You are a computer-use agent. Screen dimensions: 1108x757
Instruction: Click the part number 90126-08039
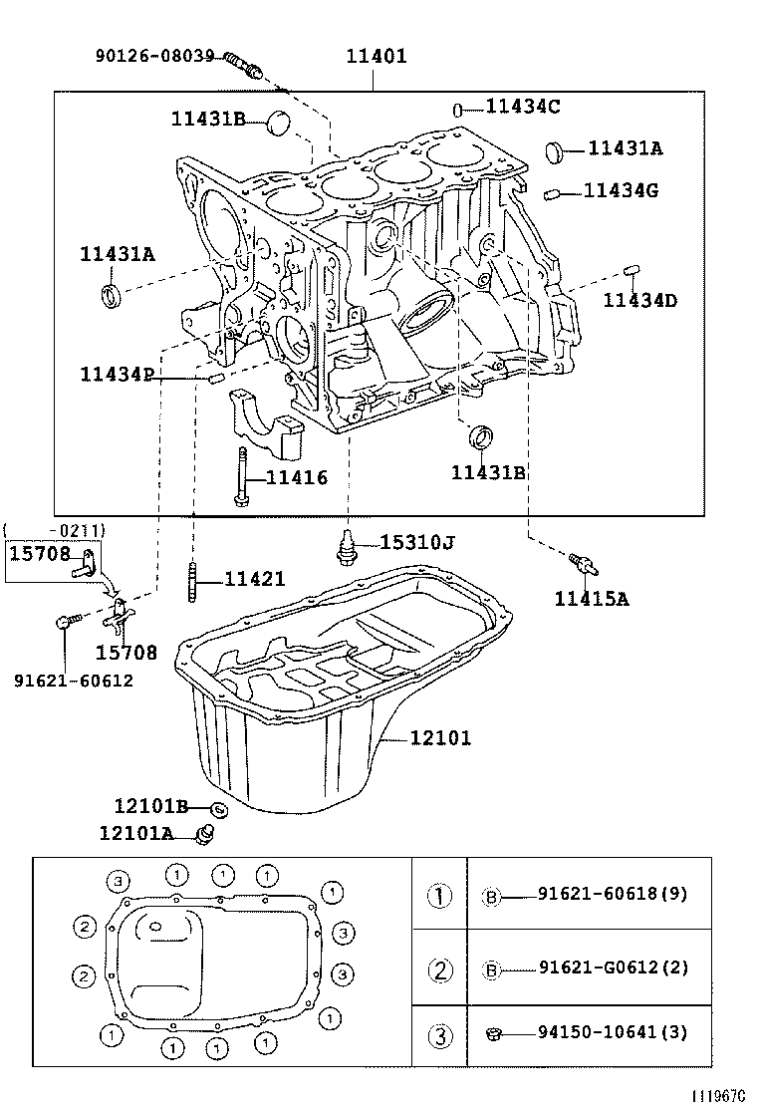click(154, 56)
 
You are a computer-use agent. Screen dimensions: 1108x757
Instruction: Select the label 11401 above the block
click(376, 56)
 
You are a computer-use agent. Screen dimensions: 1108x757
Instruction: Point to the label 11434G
click(620, 189)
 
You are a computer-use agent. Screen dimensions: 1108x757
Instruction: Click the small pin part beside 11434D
click(631, 269)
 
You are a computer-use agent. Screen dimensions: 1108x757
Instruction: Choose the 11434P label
click(117, 375)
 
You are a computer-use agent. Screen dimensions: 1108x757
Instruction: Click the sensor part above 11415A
click(583, 565)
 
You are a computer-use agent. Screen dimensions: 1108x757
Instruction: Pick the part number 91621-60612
click(73, 681)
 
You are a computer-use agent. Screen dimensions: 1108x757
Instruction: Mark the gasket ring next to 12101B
click(219, 808)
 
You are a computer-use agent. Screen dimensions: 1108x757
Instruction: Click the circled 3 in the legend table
click(440, 1036)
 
